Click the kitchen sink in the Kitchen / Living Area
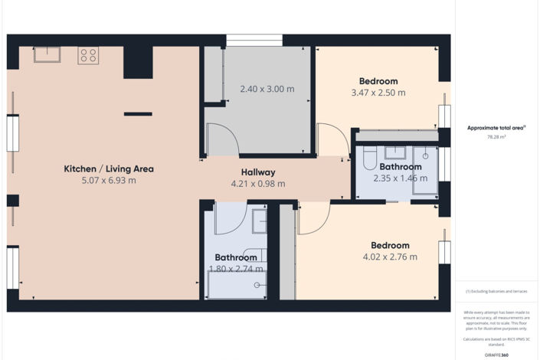coord(46,54)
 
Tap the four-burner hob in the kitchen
coord(88,55)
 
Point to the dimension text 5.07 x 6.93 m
coord(109,181)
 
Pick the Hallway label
coord(258,172)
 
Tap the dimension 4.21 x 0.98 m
coord(258,184)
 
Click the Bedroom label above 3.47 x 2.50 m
coord(378,81)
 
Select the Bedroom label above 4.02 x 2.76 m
coord(390,245)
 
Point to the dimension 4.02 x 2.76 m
coord(390,257)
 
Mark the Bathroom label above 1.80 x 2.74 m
coord(236,257)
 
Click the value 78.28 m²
coord(496,137)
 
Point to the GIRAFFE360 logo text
coord(496,355)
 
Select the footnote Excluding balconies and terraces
coord(496,292)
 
